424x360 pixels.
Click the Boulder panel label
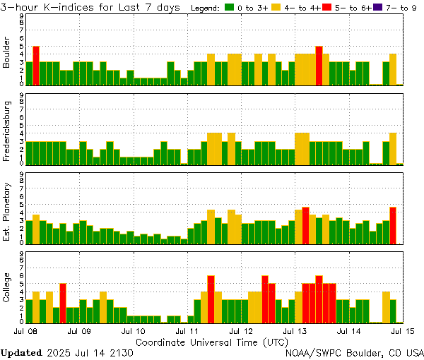(8, 54)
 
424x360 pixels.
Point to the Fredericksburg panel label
(8, 133)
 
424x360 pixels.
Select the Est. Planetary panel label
(8, 212)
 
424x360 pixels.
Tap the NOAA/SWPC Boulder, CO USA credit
(355, 352)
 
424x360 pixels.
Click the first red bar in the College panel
(63, 302)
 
